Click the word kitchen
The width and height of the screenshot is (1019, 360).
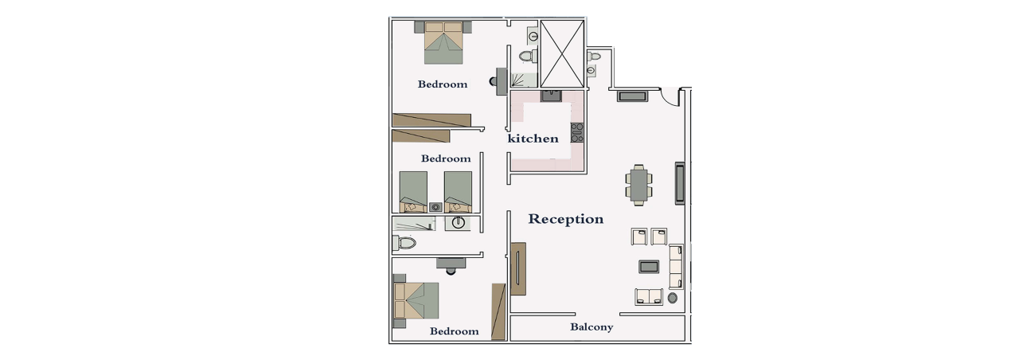(x=533, y=139)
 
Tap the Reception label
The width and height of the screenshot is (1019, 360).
(x=565, y=219)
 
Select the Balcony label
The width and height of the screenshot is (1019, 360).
(x=591, y=327)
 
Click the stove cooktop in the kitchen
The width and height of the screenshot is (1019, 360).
(x=577, y=132)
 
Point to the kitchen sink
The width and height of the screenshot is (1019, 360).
(x=552, y=96)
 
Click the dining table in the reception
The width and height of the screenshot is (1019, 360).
(x=639, y=186)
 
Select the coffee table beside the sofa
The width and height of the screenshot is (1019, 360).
(x=649, y=266)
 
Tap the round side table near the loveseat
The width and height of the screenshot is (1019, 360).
(x=672, y=298)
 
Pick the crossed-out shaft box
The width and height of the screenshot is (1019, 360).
(x=562, y=53)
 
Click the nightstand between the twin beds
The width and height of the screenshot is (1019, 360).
(x=435, y=207)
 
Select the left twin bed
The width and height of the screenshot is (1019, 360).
(x=413, y=192)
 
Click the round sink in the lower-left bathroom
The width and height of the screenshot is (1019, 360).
(x=458, y=223)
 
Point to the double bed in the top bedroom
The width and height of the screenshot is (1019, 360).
(x=443, y=42)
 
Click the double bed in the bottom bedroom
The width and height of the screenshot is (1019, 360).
(x=416, y=300)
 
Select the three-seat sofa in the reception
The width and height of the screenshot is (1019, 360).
(x=676, y=266)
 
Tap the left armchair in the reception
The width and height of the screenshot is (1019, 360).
(x=638, y=237)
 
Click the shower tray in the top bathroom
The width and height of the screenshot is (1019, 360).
(x=524, y=80)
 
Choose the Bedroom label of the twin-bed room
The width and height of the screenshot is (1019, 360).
(x=445, y=158)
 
